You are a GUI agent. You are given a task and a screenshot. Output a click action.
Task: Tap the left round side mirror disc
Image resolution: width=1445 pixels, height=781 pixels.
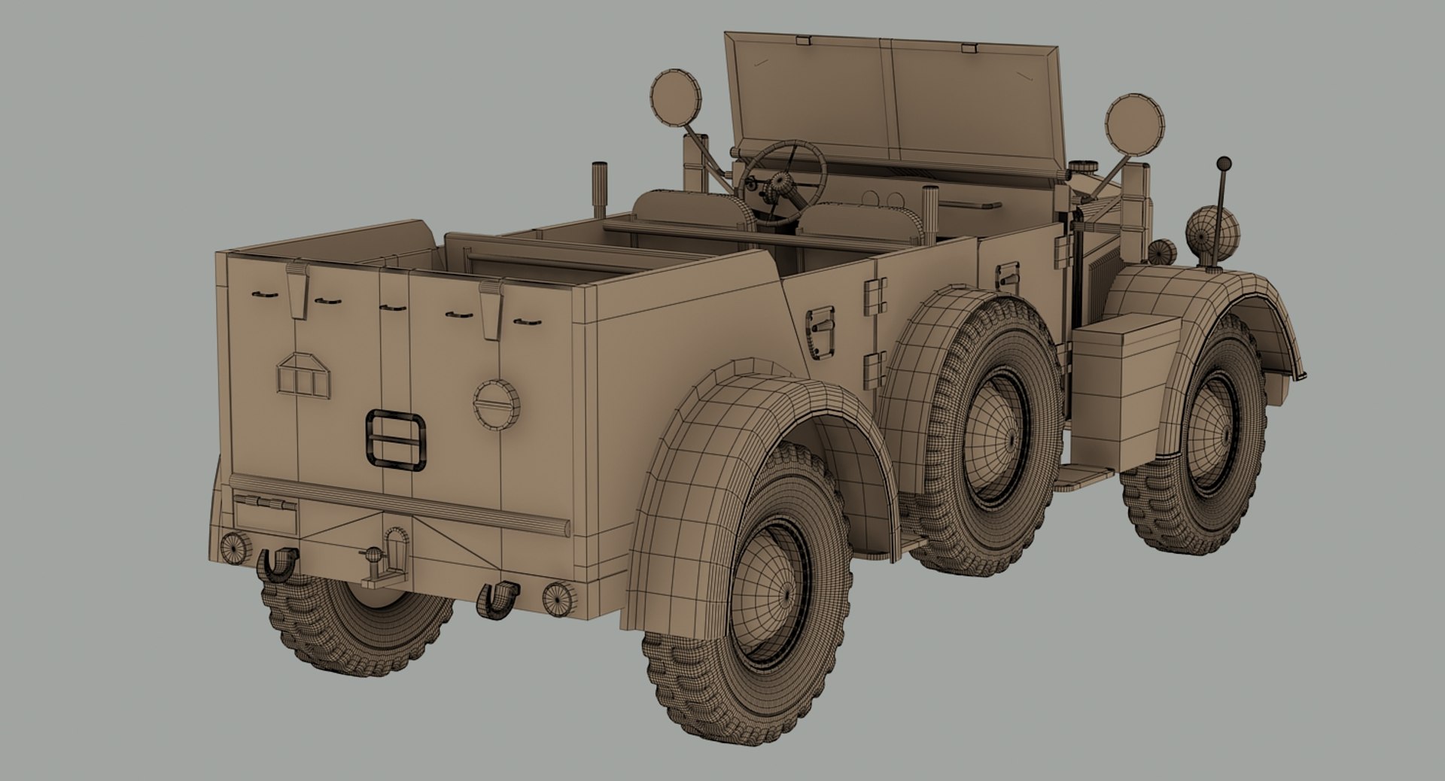(675, 99)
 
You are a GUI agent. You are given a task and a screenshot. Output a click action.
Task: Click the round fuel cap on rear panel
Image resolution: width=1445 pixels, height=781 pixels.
(496, 405)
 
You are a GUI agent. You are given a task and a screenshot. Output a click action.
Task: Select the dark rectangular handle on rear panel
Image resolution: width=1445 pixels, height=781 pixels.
(396, 440)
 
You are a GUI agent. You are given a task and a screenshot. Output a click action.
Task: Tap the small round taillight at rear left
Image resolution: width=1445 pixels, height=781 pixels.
(236, 547)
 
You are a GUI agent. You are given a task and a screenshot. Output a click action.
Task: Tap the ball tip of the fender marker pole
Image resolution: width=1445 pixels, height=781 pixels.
(1224, 163)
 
